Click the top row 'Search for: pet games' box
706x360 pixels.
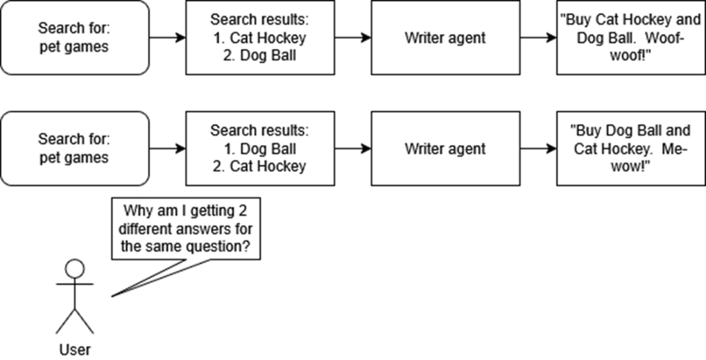pyautogui.click(x=74, y=37)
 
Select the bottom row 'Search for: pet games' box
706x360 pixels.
pyautogui.click(x=74, y=148)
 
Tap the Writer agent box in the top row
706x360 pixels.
pyautogui.click(x=445, y=37)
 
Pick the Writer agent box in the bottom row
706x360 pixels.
pyautogui.click(x=445, y=148)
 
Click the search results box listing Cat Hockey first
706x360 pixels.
pyautogui.click(x=260, y=37)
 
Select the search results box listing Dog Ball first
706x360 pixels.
pyautogui.click(x=260, y=148)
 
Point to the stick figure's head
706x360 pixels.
pyautogui.click(x=75, y=268)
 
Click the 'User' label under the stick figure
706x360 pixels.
pyautogui.click(x=75, y=350)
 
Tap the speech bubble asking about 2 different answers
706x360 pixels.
pyautogui.click(x=186, y=228)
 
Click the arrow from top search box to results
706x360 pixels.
pyautogui.click(x=167, y=37)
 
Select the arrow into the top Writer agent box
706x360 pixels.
pyautogui.click(x=352, y=37)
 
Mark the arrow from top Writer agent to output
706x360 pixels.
pyautogui.click(x=538, y=37)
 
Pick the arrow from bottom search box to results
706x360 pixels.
pyautogui.click(x=167, y=148)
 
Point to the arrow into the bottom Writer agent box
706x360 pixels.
pyautogui.click(x=352, y=148)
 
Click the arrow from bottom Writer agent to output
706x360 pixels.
pyautogui.click(x=538, y=148)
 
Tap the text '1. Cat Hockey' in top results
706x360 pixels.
pyautogui.click(x=260, y=38)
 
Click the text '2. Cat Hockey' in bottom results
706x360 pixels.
pyautogui.click(x=260, y=166)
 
